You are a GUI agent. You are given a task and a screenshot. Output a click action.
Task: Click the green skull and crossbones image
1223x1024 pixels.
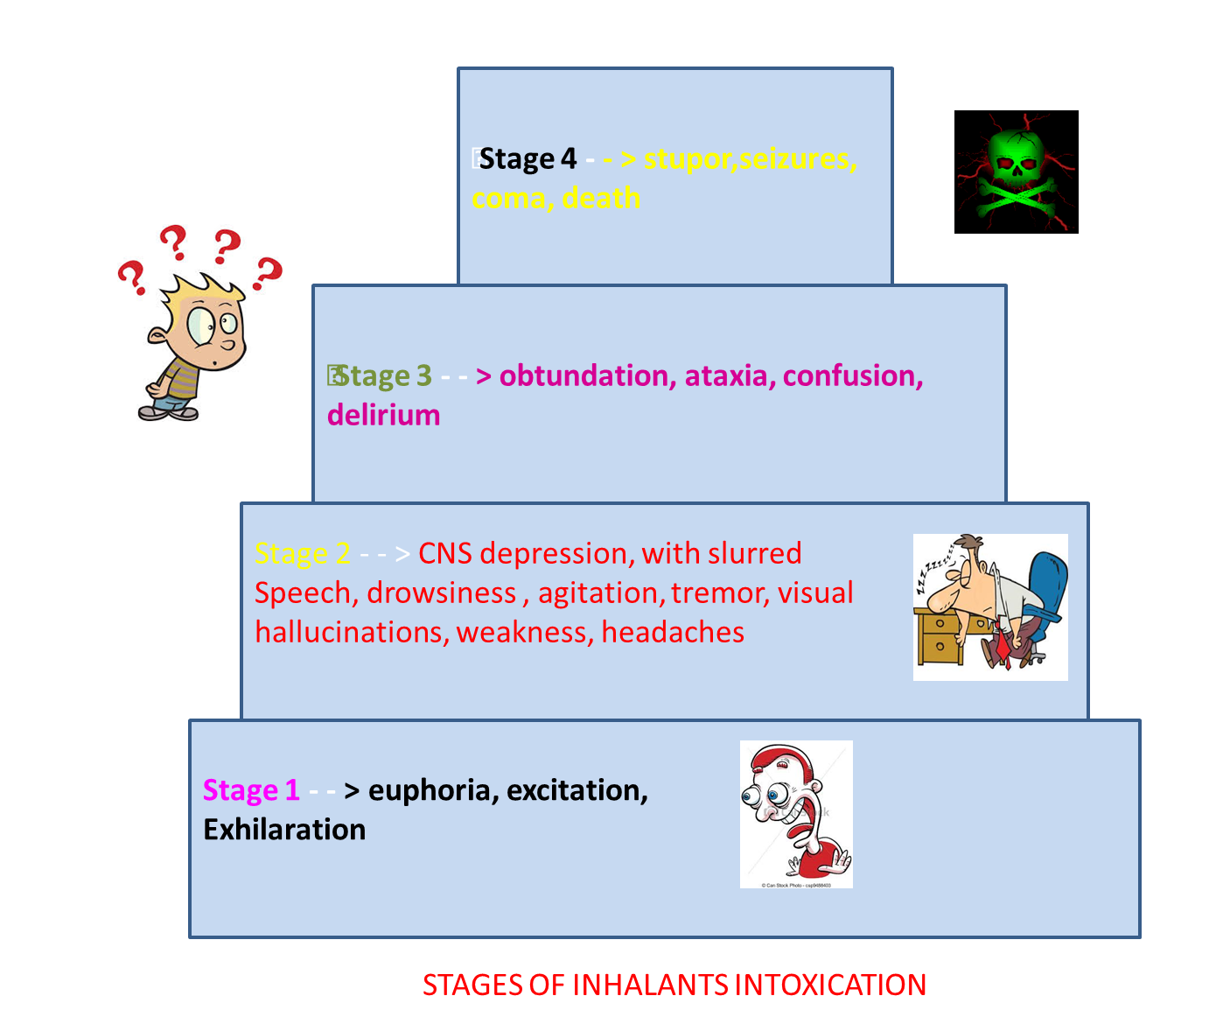click(1016, 172)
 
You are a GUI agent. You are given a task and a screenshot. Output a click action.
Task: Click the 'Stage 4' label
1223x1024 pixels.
click(528, 159)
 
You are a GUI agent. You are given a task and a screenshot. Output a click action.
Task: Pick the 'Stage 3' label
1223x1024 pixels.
click(383, 376)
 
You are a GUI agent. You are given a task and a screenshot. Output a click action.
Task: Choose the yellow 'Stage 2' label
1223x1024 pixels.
click(303, 554)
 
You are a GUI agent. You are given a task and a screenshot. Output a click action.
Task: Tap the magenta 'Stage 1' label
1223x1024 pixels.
click(251, 790)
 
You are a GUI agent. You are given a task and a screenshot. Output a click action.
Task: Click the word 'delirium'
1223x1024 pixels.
click(383, 415)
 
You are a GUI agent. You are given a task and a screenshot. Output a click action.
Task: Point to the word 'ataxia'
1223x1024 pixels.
click(725, 376)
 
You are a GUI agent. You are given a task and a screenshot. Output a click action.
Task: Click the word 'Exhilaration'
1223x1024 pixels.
click(284, 830)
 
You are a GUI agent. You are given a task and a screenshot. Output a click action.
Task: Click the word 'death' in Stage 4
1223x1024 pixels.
click(601, 199)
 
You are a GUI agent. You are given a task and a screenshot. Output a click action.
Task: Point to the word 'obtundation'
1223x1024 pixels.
click(583, 376)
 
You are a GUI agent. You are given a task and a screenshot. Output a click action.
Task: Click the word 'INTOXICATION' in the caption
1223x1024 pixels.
click(829, 985)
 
